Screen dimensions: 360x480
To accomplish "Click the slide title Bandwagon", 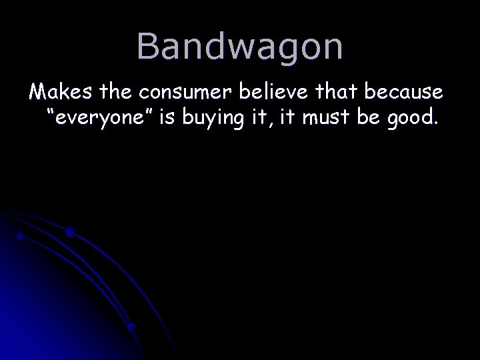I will coord(240,47).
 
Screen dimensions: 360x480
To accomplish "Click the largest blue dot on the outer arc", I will coord(70,233).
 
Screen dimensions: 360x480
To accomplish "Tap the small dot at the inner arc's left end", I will coord(21,235).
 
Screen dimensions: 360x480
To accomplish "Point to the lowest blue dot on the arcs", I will coord(132,327).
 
